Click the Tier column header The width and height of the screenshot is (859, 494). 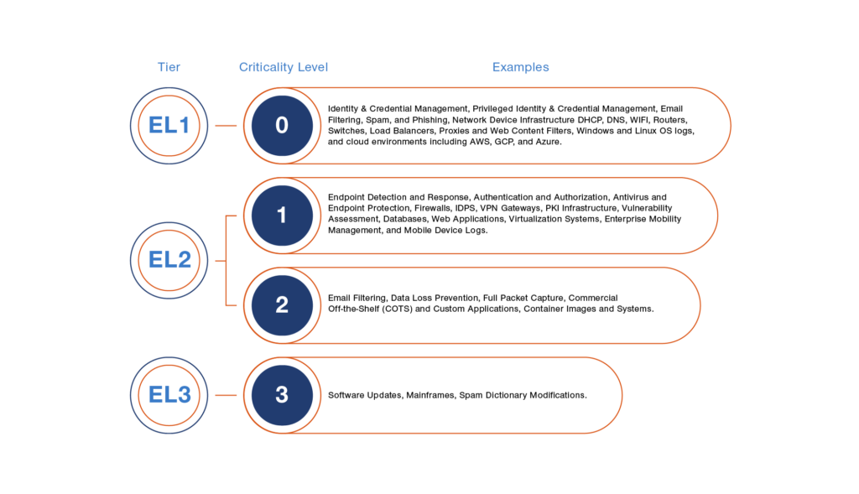click(x=169, y=67)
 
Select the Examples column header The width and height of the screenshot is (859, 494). click(x=520, y=67)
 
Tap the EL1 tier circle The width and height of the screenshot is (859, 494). click(x=169, y=126)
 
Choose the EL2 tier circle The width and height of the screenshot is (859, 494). click(x=169, y=260)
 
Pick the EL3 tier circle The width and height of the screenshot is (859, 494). click(x=169, y=395)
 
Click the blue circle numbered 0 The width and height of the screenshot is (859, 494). click(x=282, y=126)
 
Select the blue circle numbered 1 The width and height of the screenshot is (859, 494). click(x=282, y=216)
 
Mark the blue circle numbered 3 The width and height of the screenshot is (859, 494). click(x=282, y=395)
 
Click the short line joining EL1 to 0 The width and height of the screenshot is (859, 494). click(x=226, y=126)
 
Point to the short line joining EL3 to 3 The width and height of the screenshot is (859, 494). click(x=226, y=395)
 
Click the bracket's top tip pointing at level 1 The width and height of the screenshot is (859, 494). click(x=233, y=216)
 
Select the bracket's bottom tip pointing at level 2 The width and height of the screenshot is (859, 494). click(x=233, y=305)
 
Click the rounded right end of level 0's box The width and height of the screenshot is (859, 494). click(x=731, y=126)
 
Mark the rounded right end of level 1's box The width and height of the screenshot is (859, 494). click(x=717, y=216)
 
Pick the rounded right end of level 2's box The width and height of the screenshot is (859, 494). click(x=700, y=305)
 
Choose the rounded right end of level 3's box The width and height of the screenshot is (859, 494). click(x=622, y=395)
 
